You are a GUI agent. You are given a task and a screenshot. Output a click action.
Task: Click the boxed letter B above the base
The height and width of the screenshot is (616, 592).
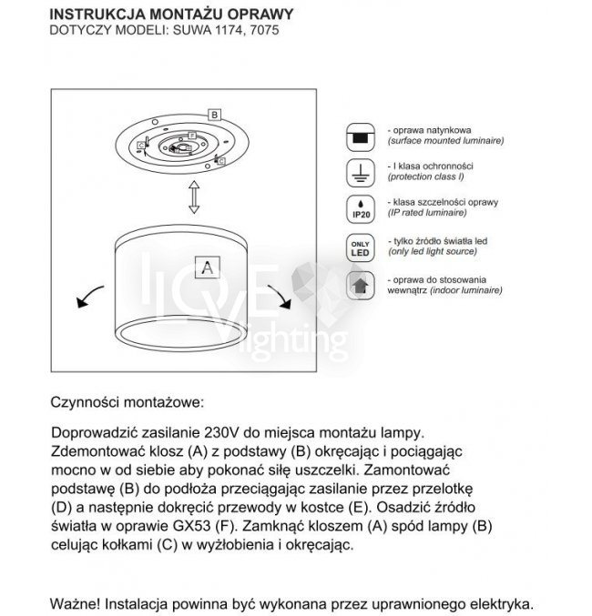click(214, 115)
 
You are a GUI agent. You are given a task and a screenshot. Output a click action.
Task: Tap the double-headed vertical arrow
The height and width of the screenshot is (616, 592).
click(193, 195)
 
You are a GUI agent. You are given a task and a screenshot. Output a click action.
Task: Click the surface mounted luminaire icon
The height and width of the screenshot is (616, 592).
click(361, 137)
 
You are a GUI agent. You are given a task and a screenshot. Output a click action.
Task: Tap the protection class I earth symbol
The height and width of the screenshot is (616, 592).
click(361, 172)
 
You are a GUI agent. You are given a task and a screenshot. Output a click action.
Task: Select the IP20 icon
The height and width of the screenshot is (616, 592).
click(361, 208)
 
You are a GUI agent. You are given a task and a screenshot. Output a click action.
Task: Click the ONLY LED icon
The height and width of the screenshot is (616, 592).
click(361, 247)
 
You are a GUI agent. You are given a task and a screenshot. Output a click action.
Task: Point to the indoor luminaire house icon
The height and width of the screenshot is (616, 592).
click(361, 285)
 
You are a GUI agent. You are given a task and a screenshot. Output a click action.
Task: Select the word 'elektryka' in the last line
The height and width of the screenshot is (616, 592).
click(495, 603)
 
